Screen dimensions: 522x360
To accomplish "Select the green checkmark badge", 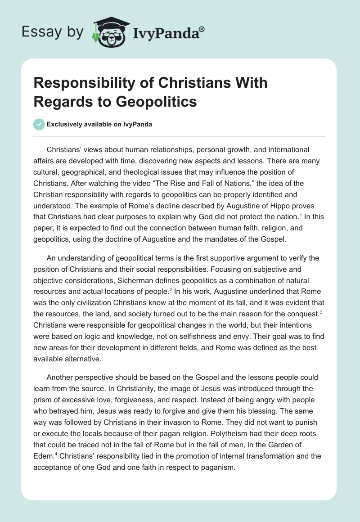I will pyautogui.click(x=39, y=124).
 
